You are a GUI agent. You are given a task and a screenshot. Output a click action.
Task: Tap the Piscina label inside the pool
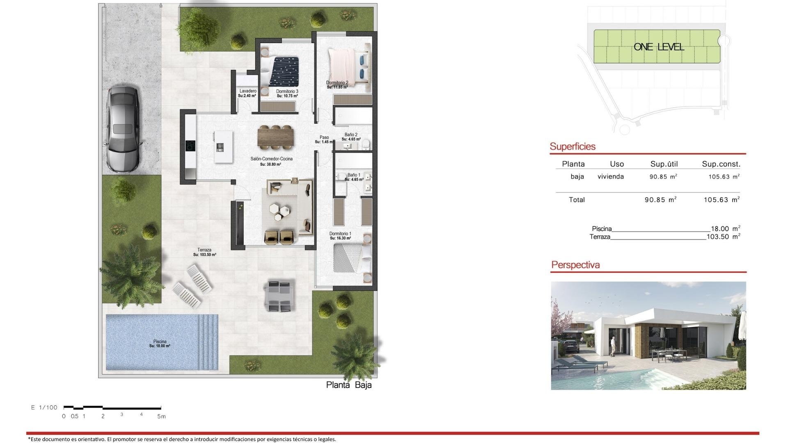click(160, 341)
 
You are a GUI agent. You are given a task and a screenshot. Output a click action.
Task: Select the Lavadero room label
click(247, 91)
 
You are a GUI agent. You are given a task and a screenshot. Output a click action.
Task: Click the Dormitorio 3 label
click(287, 91)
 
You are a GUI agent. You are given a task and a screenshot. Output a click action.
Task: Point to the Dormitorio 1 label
click(340, 234)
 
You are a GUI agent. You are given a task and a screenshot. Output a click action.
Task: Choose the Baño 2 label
click(351, 135)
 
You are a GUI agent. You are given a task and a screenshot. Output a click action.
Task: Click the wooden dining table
click(276, 137)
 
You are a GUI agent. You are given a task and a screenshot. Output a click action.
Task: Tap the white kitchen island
click(223, 147)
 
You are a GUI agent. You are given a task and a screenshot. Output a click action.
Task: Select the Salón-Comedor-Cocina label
click(271, 159)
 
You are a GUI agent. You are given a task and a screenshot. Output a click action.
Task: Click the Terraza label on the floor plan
click(204, 250)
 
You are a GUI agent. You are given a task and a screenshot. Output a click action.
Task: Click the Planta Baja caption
click(349, 385)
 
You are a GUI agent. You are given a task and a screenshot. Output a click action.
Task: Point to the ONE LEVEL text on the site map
click(659, 47)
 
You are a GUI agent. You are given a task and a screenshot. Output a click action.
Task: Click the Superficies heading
click(572, 146)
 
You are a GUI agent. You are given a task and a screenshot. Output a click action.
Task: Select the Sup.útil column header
click(664, 164)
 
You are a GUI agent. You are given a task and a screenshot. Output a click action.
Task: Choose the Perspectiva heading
click(575, 265)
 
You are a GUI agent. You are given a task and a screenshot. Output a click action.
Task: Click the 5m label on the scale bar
click(161, 416)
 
